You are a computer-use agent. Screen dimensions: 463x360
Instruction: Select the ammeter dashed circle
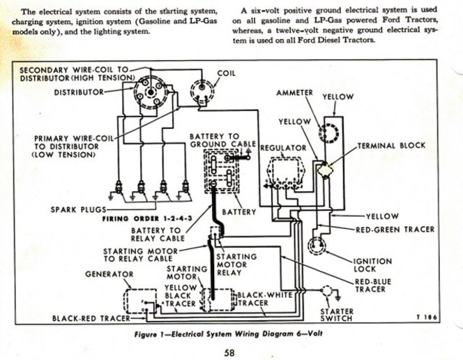328,133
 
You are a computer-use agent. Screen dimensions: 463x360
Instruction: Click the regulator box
285,173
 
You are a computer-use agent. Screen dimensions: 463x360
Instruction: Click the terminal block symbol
325,170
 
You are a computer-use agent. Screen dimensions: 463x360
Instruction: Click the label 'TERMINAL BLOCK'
392,146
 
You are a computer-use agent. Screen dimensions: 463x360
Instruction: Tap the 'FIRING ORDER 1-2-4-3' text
147,219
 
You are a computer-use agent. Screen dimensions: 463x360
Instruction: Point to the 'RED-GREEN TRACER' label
395,230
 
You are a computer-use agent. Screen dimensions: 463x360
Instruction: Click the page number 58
229,352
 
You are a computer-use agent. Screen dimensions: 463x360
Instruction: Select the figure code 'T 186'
426,317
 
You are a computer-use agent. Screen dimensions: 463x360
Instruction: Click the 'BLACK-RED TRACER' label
91,318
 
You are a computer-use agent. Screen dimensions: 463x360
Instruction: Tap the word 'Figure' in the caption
145,334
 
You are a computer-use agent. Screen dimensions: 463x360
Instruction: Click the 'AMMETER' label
294,93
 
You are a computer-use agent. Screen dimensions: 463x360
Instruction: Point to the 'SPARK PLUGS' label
78,210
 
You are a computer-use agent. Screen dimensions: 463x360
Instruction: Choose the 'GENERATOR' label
109,274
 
